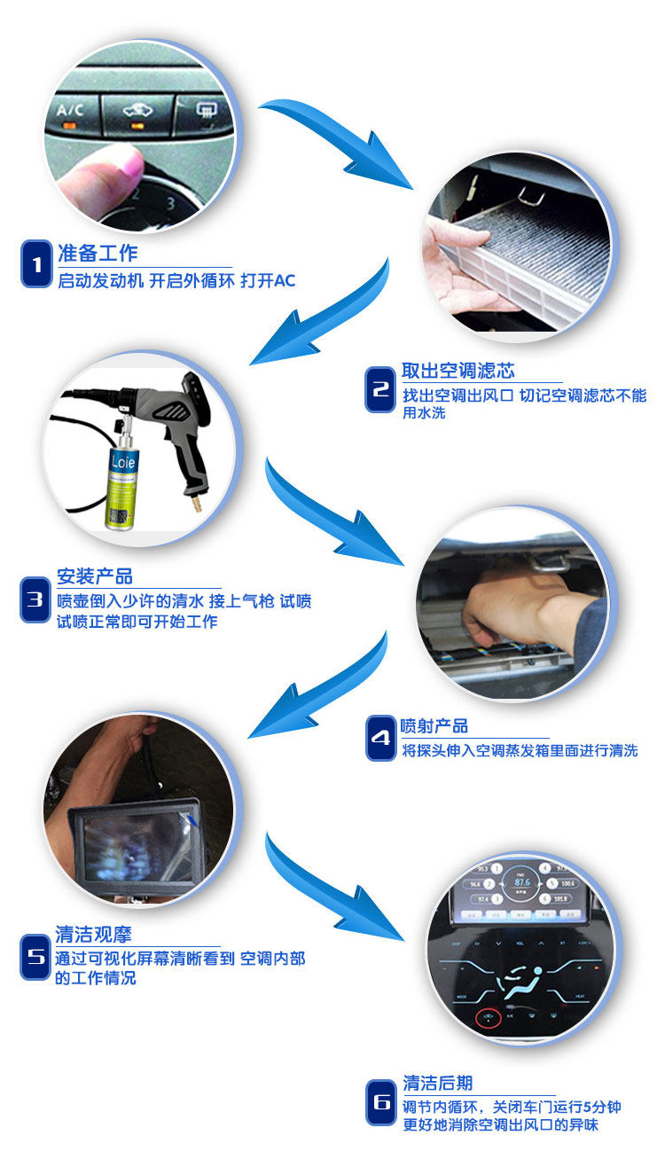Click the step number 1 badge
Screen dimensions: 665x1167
pyautogui.click(x=36, y=263)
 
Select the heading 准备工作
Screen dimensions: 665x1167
pyautogui.click(x=98, y=254)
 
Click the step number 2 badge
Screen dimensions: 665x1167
pyautogui.click(x=380, y=389)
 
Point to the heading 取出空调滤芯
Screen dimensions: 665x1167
pyautogui.click(x=458, y=371)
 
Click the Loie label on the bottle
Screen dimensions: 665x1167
pyautogui.click(x=123, y=461)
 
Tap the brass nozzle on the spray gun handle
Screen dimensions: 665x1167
pyautogui.click(x=197, y=503)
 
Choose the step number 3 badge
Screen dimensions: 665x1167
pyautogui.click(x=35, y=599)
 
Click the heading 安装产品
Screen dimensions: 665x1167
pyautogui.click(x=95, y=576)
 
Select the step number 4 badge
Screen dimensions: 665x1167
pyautogui.click(x=380, y=738)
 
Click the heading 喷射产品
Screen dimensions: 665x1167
pyautogui.click(x=434, y=725)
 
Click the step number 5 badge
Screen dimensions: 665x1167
pyautogui.click(x=35, y=957)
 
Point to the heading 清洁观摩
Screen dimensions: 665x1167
pyautogui.click(x=94, y=934)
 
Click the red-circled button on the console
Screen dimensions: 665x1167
pyautogui.click(x=489, y=1017)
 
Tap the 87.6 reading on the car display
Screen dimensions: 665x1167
pyautogui.click(x=522, y=882)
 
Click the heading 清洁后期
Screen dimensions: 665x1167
pyautogui.click(x=437, y=1083)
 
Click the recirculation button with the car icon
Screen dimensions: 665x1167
pyautogui.click(x=138, y=115)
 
